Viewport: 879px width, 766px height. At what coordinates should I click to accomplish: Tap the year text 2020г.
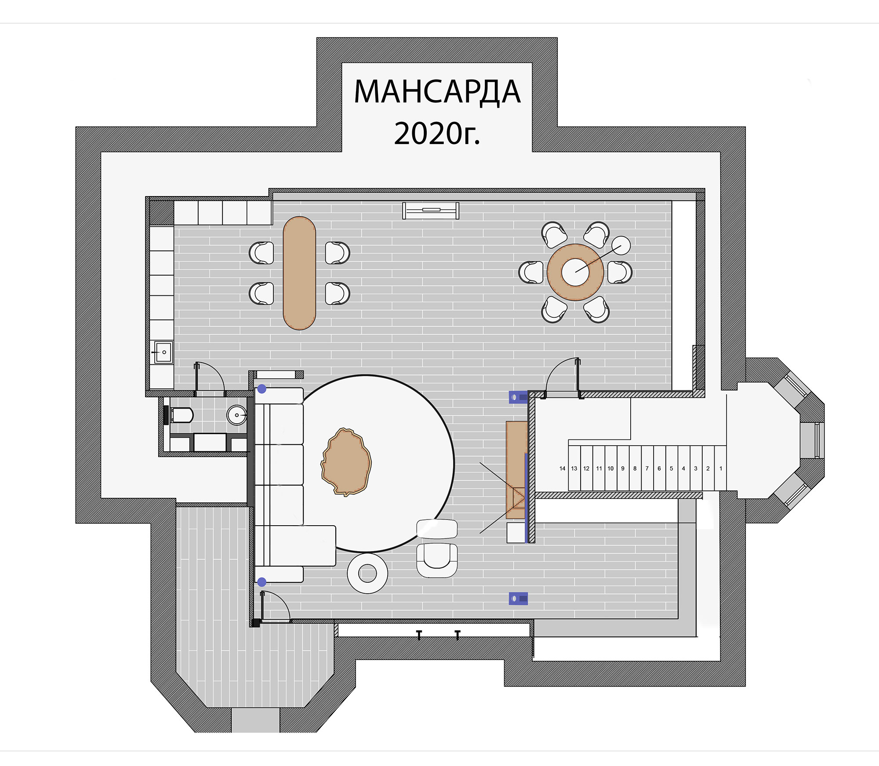437,133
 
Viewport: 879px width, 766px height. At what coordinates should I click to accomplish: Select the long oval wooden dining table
299,273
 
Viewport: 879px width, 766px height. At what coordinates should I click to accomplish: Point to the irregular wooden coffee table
347,462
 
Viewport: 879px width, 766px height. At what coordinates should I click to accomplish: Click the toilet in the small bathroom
180,414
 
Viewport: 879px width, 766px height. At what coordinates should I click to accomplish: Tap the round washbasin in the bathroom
236,415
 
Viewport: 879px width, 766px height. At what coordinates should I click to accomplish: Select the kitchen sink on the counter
163,352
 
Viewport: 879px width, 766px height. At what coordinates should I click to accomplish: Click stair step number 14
562,468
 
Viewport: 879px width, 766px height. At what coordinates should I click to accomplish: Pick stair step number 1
721,468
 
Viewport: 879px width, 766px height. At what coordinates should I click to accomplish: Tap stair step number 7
647,468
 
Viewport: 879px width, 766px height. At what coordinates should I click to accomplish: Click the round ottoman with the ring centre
367,573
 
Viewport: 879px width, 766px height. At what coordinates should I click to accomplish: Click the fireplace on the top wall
431,211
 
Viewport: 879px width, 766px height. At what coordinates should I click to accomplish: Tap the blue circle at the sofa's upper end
262,389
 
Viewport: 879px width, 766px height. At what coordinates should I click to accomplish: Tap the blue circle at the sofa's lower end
262,582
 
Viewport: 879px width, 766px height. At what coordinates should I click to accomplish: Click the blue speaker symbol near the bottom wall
518,599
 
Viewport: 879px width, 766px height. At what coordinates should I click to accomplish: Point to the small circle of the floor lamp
621,245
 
